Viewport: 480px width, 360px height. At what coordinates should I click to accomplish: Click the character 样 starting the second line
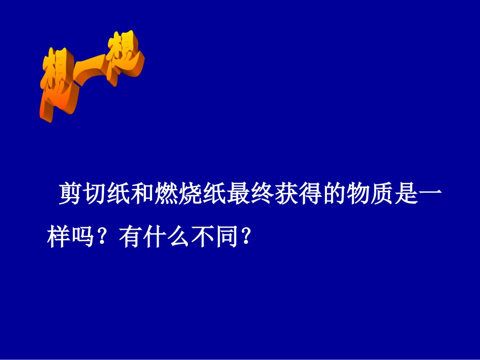pos(58,236)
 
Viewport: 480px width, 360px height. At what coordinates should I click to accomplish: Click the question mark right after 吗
pos(103,236)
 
